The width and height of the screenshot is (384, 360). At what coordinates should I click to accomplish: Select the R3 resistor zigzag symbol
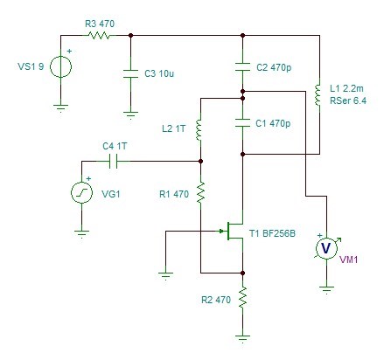coord(99,36)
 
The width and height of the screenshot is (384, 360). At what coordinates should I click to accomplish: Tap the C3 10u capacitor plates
coord(130,73)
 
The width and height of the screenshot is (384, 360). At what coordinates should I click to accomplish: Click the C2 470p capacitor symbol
coord(242,67)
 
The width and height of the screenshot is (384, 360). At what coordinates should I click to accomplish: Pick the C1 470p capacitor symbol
coord(242,122)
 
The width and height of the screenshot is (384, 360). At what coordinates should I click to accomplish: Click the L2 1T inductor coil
coord(199,130)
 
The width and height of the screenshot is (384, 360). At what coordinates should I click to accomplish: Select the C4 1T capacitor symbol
coord(113,161)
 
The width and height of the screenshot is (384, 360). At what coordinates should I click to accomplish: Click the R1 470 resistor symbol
coord(200,192)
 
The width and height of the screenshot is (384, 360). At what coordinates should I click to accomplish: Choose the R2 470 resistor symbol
coord(242,297)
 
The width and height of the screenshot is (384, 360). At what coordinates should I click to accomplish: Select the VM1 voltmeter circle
coord(326,248)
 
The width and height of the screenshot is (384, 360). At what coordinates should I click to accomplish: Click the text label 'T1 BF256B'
coord(272,233)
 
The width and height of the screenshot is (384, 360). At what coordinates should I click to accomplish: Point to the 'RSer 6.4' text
coord(348,100)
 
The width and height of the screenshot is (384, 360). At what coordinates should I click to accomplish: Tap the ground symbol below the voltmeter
coord(326,290)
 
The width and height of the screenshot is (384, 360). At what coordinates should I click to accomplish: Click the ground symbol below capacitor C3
coord(130,115)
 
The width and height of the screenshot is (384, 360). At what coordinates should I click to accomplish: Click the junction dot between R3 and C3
coord(130,35)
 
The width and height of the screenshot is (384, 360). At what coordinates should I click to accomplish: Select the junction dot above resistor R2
coord(242,273)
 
